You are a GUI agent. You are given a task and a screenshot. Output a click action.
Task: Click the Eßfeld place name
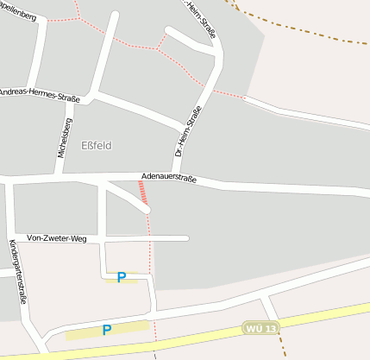97,145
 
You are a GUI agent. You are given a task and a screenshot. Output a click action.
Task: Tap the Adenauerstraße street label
169,180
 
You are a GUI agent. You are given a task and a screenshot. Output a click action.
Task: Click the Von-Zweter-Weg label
57,237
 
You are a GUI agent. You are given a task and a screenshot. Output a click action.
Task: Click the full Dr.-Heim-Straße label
188,131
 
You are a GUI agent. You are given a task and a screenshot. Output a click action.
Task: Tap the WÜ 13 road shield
261,329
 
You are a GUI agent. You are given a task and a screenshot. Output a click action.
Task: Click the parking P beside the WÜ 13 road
107,329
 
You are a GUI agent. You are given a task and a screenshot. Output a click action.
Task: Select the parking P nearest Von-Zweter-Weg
122,277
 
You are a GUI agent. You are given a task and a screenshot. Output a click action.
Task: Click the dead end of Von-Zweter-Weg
186,238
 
